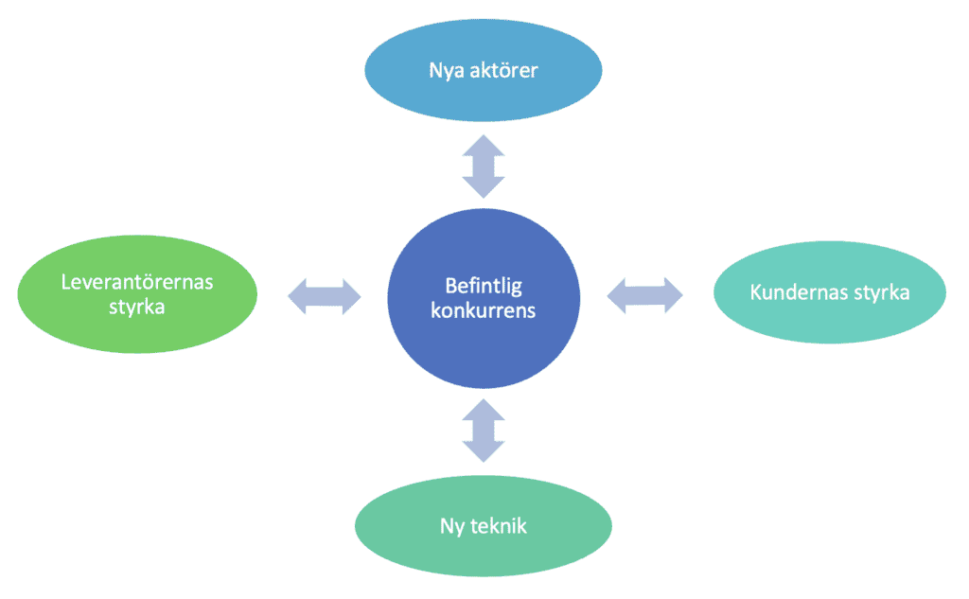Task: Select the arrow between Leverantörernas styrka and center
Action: click(x=325, y=295)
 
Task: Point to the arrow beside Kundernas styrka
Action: click(x=644, y=294)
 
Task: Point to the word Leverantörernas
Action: click(x=137, y=282)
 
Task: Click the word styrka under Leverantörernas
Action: click(x=137, y=308)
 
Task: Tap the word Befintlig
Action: click(x=485, y=285)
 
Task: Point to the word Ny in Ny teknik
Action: click(x=451, y=526)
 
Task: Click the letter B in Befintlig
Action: click(x=450, y=285)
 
